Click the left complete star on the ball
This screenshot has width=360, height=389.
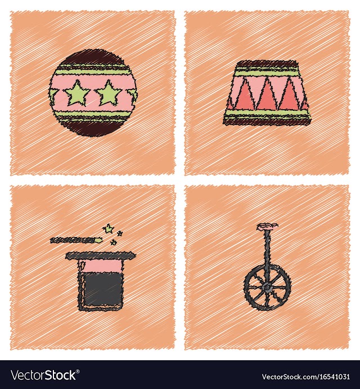pos(78,93)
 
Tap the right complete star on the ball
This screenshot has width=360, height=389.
pos(109,92)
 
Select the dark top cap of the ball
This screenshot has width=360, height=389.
pos(92,57)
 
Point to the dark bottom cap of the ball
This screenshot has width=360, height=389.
pos(92,128)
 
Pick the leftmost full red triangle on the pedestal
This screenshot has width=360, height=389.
pos(244,96)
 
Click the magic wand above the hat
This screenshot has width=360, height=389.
pos(77,240)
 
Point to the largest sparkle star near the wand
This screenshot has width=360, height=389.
pos(108,229)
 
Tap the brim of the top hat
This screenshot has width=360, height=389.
pos(101,256)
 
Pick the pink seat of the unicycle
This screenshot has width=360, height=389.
pos(267,226)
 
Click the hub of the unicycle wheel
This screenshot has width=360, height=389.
pos(267,287)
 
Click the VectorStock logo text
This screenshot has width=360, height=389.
pos(44,375)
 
